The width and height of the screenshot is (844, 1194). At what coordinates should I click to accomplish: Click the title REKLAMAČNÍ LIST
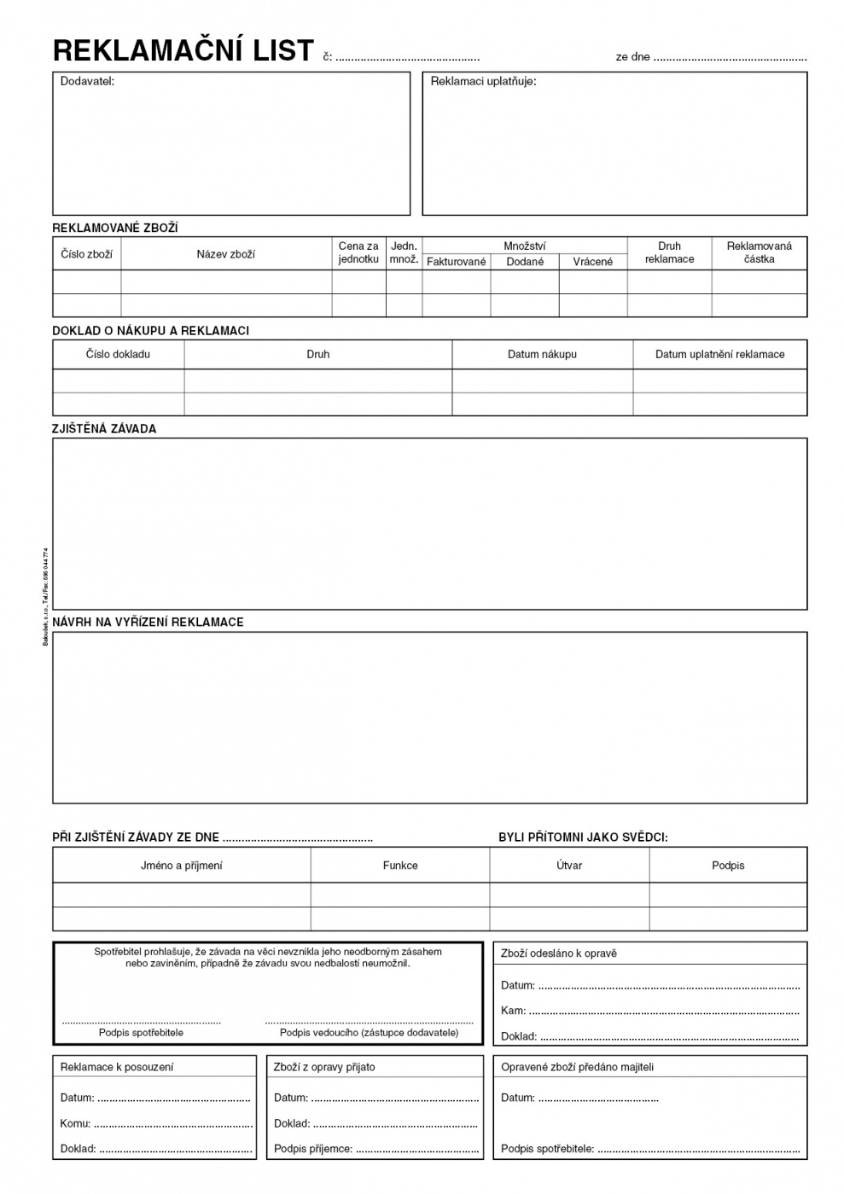[183, 51]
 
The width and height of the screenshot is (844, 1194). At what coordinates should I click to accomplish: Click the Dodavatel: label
[87, 81]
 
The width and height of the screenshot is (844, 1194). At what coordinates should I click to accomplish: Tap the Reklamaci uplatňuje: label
[483, 82]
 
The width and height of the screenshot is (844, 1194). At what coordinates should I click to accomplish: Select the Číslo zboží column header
[87, 254]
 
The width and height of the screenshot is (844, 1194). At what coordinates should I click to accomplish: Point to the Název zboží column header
[226, 254]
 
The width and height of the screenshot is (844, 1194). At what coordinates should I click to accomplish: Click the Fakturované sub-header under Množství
[457, 262]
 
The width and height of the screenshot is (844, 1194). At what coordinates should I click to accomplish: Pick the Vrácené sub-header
[593, 262]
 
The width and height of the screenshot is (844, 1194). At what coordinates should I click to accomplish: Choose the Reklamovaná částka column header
[759, 252]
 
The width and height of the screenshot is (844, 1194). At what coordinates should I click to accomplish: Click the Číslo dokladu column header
[118, 354]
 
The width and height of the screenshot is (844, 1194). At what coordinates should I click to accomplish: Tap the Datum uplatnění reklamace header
[719, 354]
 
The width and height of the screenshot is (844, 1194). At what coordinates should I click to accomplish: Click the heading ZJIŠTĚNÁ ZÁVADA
[104, 429]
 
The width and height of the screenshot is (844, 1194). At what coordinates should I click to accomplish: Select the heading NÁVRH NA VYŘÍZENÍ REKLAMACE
[148, 623]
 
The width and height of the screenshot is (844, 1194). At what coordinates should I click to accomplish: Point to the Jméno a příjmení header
[181, 866]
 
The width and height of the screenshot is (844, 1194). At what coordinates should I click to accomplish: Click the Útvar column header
[569, 866]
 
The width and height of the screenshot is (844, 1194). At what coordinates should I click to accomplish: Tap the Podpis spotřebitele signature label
[141, 1033]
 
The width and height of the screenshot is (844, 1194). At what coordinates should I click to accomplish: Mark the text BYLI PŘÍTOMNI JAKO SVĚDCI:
[583, 838]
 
